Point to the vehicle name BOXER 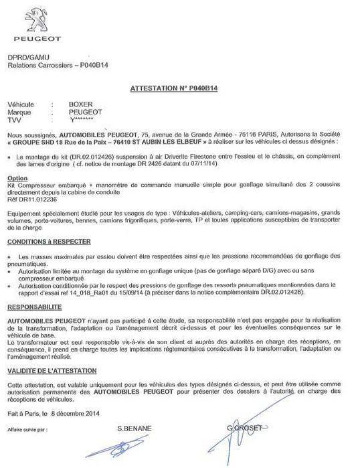pos(80,105)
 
